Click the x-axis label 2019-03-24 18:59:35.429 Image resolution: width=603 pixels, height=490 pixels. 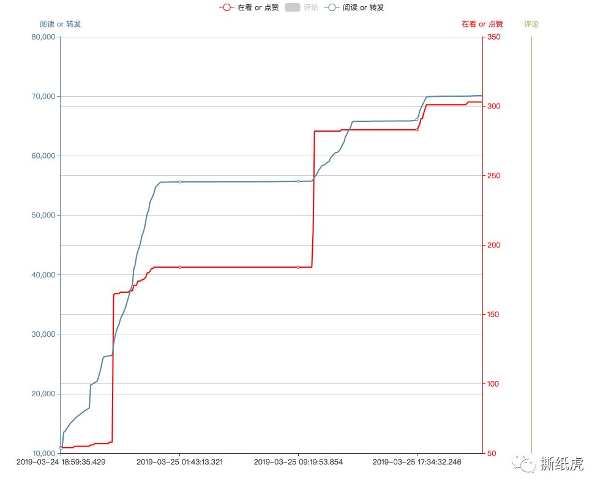click(x=61, y=462)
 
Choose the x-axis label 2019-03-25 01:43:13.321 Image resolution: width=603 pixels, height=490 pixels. click(x=179, y=462)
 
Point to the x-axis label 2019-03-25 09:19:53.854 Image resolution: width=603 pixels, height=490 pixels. click(x=298, y=462)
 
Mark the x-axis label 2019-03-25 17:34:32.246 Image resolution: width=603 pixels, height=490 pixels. click(x=417, y=462)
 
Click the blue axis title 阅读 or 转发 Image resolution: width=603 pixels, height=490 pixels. click(x=60, y=24)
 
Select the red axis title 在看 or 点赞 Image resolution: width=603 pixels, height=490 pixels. click(x=482, y=24)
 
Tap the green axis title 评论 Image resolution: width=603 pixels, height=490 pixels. click(x=531, y=24)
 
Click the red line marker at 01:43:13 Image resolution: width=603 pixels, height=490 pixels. click(x=179, y=267)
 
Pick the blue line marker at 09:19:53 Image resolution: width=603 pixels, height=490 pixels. click(x=298, y=181)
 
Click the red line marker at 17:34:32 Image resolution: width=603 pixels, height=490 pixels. click(x=417, y=130)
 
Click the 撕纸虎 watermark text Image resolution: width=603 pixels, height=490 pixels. click(x=561, y=464)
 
